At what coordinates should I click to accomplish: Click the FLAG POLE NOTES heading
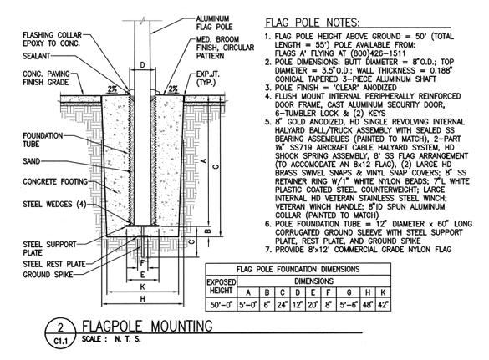coord(312,23)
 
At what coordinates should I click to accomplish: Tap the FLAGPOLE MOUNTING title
coord(147,326)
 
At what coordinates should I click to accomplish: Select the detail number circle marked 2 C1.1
coord(60,333)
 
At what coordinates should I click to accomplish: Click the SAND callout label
coord(32,161)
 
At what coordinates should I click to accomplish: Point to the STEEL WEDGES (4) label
coord(54,204)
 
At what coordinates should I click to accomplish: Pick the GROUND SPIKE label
coord(48,275)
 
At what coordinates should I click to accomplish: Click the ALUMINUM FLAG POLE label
coord(214,23)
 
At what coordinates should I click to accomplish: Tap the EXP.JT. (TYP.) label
coord(207,79)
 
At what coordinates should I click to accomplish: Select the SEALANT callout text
coord(36,56)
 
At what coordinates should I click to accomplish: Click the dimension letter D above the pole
coord(142,65)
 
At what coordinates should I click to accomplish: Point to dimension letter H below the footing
coord(143,299)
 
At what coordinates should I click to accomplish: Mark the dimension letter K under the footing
coord(142,286)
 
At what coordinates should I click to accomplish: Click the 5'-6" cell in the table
coord(349,305)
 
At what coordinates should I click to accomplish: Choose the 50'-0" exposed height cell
coord(222,305)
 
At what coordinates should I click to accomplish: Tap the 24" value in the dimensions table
coord(283,305)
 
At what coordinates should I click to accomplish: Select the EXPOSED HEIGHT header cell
coord(222,286)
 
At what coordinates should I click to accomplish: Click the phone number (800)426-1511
coord(377,53)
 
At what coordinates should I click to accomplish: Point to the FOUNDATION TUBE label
coord(43,140)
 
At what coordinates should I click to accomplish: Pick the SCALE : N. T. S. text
coord(111,339)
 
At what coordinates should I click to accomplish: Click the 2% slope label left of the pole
coord(112,89)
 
